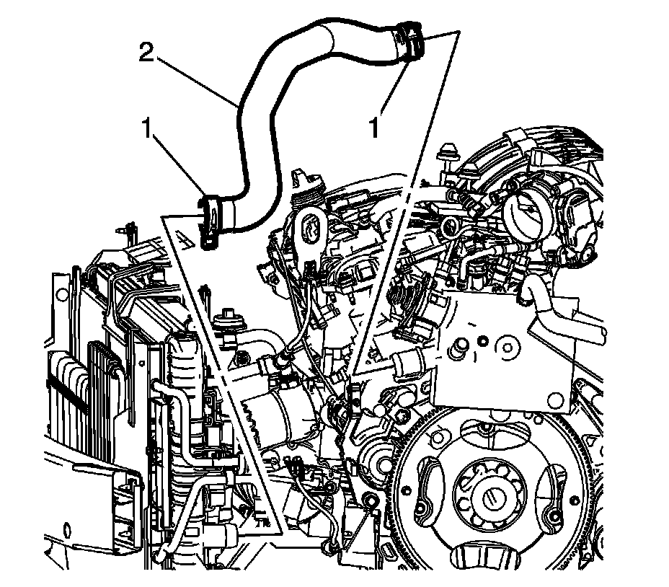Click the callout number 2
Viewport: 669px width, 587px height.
pyautogui.click(x=146, y=53)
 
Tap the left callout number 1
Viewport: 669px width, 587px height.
pyautogui.click(x=147, y=128)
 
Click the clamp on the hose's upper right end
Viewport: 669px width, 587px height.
pyautogui.click(x=410, y=39)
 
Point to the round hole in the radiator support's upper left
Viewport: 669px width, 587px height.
pyautogui.click(x=62, y=293)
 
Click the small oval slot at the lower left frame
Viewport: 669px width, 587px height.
pyautogui.click(x=66, y=532)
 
